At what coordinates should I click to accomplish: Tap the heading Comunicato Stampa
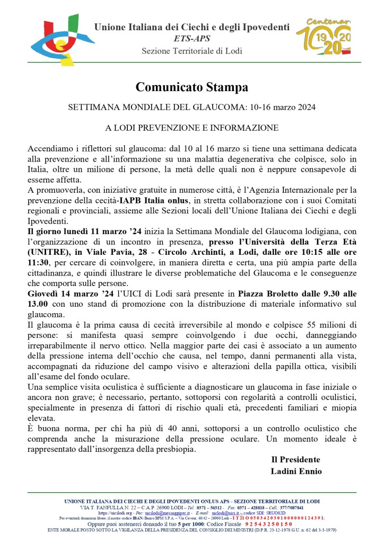pyautogui.click(x=191, y=86)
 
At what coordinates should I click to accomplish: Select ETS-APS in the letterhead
pyautogui.click(x=191, y=38)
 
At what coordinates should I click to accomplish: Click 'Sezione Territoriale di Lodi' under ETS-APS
pyautogui.click(x=191, y=51)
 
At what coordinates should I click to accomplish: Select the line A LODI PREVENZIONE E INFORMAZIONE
pyautogui.click(x=191, y=128)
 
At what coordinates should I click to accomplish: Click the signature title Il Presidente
pyautogui.click(x=295, y=459)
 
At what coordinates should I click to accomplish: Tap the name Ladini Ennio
pyautogui.click(x=295, y=470)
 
